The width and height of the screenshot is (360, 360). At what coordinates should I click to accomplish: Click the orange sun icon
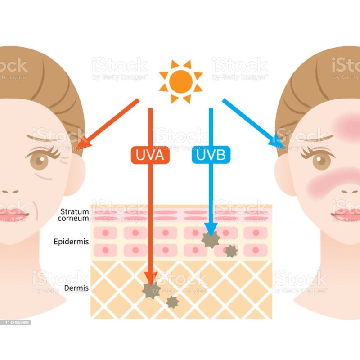click(x=181, y=81)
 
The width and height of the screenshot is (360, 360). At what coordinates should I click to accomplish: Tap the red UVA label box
click(x=150, y=155)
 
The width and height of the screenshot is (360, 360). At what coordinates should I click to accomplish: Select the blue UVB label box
click(x=211, y=155)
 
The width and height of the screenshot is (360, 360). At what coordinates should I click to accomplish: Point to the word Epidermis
click(x=71, y=242)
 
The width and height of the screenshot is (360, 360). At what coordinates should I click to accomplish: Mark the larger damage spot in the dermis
click(x=151, y=290)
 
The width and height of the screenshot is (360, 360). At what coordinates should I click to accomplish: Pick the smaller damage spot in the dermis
click(x=172, y=302)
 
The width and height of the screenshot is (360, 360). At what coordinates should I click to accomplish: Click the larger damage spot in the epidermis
click(x=210, y=239)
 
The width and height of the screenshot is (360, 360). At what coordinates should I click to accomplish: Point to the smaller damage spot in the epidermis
click(x=231, y=251)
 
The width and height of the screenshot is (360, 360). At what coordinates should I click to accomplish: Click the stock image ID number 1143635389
click(x=16, y=322)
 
